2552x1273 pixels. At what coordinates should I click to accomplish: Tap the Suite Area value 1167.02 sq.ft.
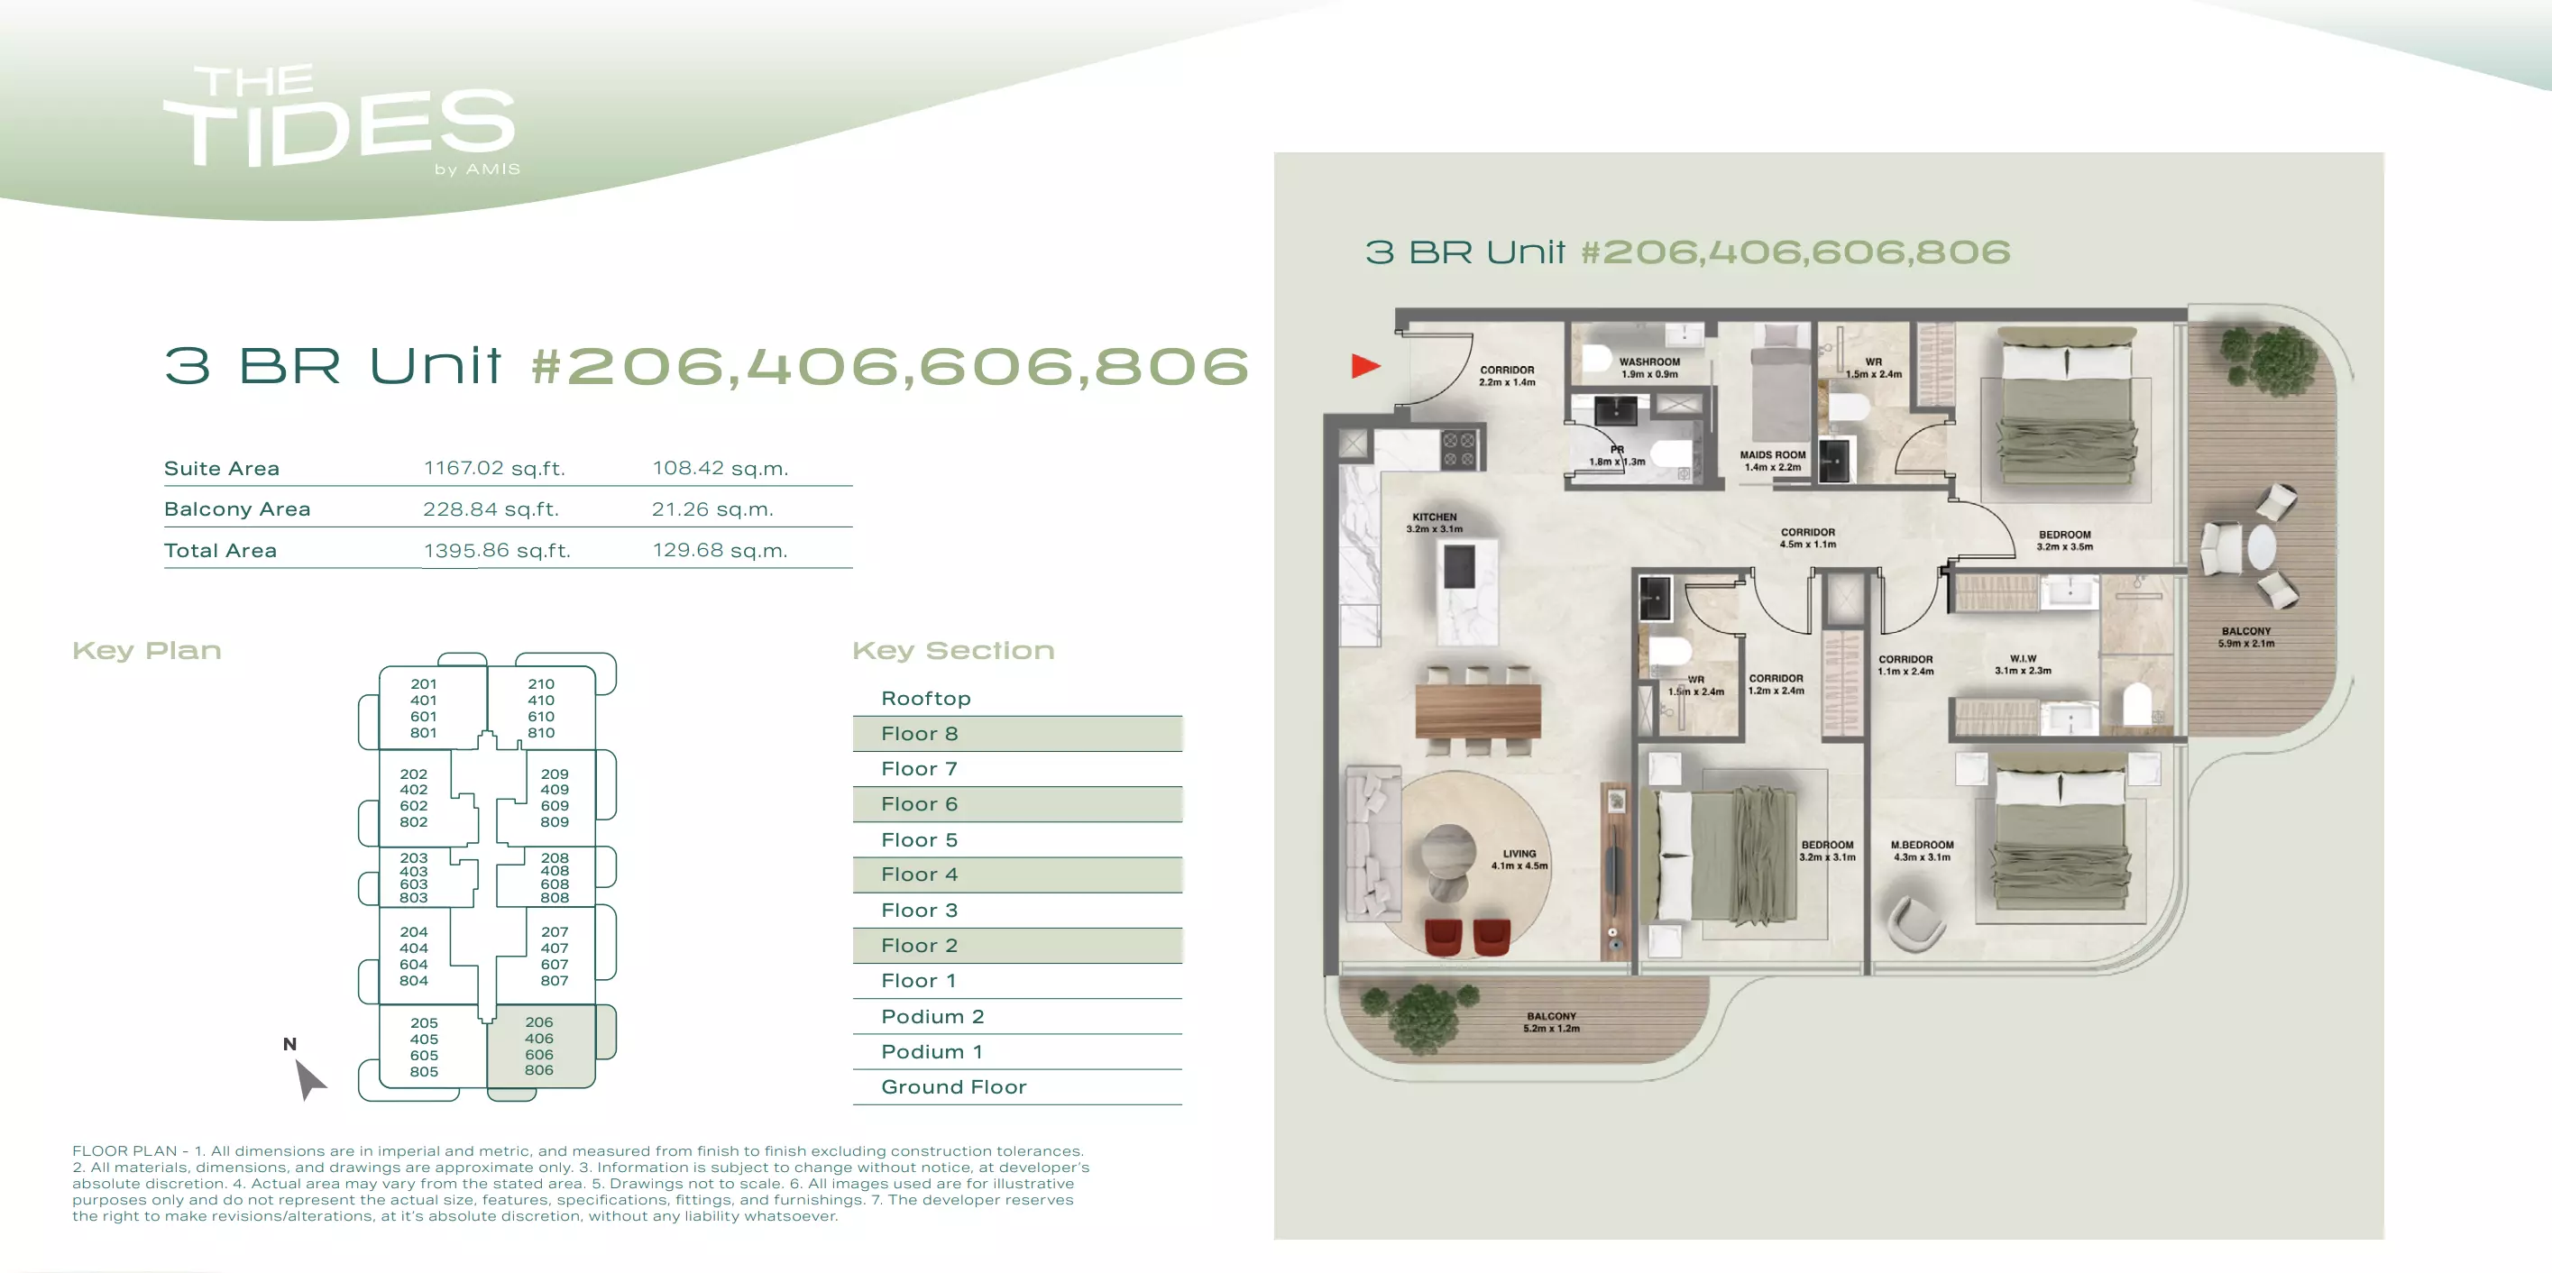[x=494, y=468]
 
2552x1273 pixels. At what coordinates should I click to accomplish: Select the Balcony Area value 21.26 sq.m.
[x=712, y=509]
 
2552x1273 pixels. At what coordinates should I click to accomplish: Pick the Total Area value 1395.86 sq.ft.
[x=497, y=551]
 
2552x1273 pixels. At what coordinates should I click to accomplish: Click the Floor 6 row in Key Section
[x=1017, y=804]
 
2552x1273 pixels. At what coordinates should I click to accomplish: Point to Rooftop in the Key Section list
[x=926, y=699]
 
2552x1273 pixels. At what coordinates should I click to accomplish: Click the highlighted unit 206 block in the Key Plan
[x=541, y=1046]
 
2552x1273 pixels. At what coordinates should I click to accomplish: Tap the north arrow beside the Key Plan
[x=309, y=1079]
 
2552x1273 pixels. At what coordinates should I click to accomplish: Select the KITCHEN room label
[x=1435, y=523]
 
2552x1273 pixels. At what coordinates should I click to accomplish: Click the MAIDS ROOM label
[x=1772, y=461]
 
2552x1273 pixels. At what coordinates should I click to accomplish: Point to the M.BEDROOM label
[x=1922, y=851]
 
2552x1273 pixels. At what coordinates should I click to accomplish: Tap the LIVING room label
[x=1519, y=859]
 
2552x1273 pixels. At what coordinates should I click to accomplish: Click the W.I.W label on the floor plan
[x=2023, y=664]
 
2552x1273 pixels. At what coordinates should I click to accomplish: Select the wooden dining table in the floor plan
[x=1477, y=710]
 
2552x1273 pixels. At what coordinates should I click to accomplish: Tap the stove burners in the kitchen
[x=1458, y=449]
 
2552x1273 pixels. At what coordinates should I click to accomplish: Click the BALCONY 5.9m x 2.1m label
[x=2246, y=637]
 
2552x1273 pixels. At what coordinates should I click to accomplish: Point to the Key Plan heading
[x=147, y=651]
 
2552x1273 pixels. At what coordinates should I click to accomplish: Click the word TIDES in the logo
[x=340, y=129]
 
